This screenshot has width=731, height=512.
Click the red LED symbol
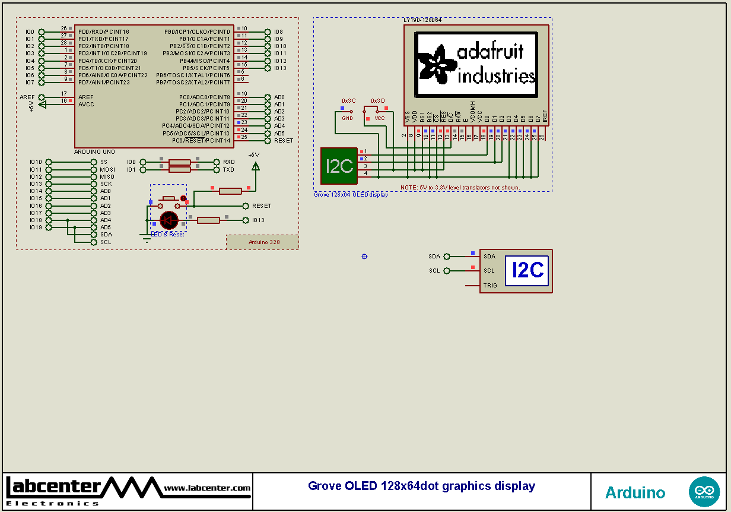point(169,220)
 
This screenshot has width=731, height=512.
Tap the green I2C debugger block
point(339,166)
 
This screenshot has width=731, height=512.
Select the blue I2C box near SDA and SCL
point(527,271)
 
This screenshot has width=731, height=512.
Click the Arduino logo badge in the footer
point(704,492)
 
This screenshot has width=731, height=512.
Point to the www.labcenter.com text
point(207,488)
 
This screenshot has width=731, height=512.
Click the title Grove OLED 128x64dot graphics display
point(421,486)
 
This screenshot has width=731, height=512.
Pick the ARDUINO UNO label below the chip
point(94,152)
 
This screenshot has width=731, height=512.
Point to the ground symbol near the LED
point(146,238)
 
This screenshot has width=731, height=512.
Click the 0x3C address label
point(348,101)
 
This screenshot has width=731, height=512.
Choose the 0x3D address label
point(378,101)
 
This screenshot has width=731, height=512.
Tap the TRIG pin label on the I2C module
point(490,286)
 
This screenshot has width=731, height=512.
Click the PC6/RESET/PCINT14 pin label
point(201,141)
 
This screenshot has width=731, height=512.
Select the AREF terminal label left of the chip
point(27,97)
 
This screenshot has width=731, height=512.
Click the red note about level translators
point(460,188)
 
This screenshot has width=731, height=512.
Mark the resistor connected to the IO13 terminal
point(208,220)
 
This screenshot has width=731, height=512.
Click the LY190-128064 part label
point(422,20)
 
